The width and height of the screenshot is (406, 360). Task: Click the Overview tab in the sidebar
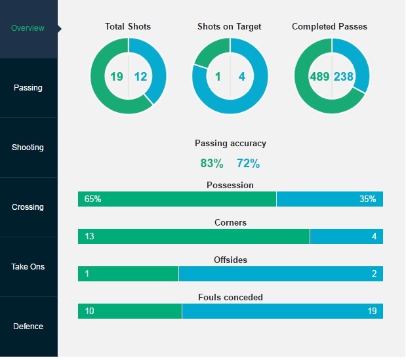pyautogui.click(x=28, y=28)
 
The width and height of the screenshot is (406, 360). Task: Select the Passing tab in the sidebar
pyautogui.click(x=28, y=88)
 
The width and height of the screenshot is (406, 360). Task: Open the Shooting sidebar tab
pyautogui.click(x=28, y=148)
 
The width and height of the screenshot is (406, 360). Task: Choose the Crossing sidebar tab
pyautogui.click(x=28, y=207)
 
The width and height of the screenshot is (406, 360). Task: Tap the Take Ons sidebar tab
pyautogui.click(x=28, y=267)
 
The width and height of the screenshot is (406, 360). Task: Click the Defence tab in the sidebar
pyautogui.click(x=28, y=327)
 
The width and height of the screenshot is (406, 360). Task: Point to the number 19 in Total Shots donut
pyautogui.click(x=117, y=77)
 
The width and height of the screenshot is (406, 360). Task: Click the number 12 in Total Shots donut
pyautogui.click(x=140, y=77)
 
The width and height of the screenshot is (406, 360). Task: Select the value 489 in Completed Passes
pyautogui.click(x=319, y=77)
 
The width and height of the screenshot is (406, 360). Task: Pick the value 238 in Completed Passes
pyautogui.click(x=344, y=77)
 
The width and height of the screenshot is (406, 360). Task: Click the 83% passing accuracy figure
pyautogui.click(x=212, y=163)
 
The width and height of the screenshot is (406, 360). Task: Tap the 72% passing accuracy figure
pyautogui.click(x=248, y=163)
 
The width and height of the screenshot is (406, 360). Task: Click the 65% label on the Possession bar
pyautogui.click(x=93, y=199)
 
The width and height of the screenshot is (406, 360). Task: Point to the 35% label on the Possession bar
pyautogui.click(x=368, y=199)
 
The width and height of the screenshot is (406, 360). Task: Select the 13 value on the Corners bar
pyautogui.click(x=90, y=236)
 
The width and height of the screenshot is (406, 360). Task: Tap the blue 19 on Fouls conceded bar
pyautogui.click(x=372, y=311)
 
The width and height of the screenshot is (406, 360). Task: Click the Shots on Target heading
pyautogui.click(x=230, y=27)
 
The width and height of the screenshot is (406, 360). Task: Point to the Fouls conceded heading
pyautogui.click(x=230, y=298)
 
